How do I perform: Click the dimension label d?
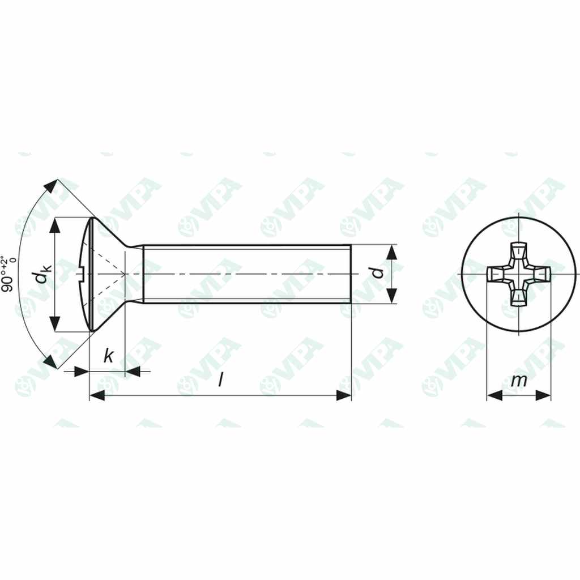(x=380, y=274)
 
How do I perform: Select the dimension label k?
(x=108, y=357)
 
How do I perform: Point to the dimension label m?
(x=518, y=381)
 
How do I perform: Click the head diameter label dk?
(x=40, y=274)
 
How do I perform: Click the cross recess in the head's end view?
(x=518, y=274)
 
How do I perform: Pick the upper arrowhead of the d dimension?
(x=391, y=253)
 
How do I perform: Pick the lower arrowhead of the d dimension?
(x=391, y=296)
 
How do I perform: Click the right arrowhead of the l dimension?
(x=344, y=395)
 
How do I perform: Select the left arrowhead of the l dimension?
(x=97, y=395)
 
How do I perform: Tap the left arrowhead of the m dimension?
(x=494, y=395)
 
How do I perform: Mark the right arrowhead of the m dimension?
(x=544, y=395)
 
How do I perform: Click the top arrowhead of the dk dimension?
(x=54, y=225)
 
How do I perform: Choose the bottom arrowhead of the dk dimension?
(x=54, y=323)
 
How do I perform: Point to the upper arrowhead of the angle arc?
(x=52, y=186)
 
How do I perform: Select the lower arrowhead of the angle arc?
(x=52, y=362)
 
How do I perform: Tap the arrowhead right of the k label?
(x=133, y=372)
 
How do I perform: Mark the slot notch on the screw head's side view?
(x=82, y=275)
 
